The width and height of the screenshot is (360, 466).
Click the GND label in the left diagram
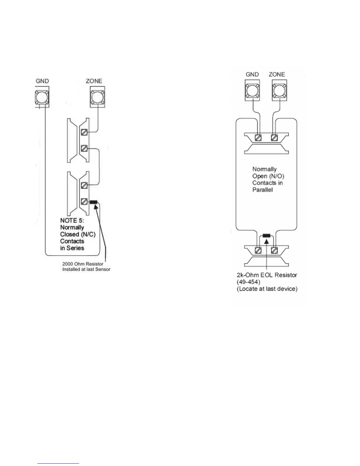pyautogui.click(x=42, y=81)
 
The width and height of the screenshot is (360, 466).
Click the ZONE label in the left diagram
pyautogui.click(x=94, y=81)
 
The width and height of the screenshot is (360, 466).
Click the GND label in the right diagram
pyautogui.click(x=252, y=74)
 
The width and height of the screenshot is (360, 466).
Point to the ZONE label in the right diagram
pyautogui.click(x=277, y=74)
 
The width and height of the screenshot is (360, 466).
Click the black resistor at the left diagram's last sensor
pyautogui.click(x=93, y=202)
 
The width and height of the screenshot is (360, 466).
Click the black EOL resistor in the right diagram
pyautogui.click(x=266, y=235)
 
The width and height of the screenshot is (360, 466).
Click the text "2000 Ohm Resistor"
pyautogui.click(x=83, y=264)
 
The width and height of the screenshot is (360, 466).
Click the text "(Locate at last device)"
pyautogui.click(x=267, y=289)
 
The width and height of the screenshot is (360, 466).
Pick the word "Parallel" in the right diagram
pyautogui.click(x=263, y=190)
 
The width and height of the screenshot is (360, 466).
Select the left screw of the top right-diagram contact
pyautogui.click(x=258, y=137)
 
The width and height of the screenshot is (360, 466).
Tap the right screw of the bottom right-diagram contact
pyautogui.click(x=275, y=250)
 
